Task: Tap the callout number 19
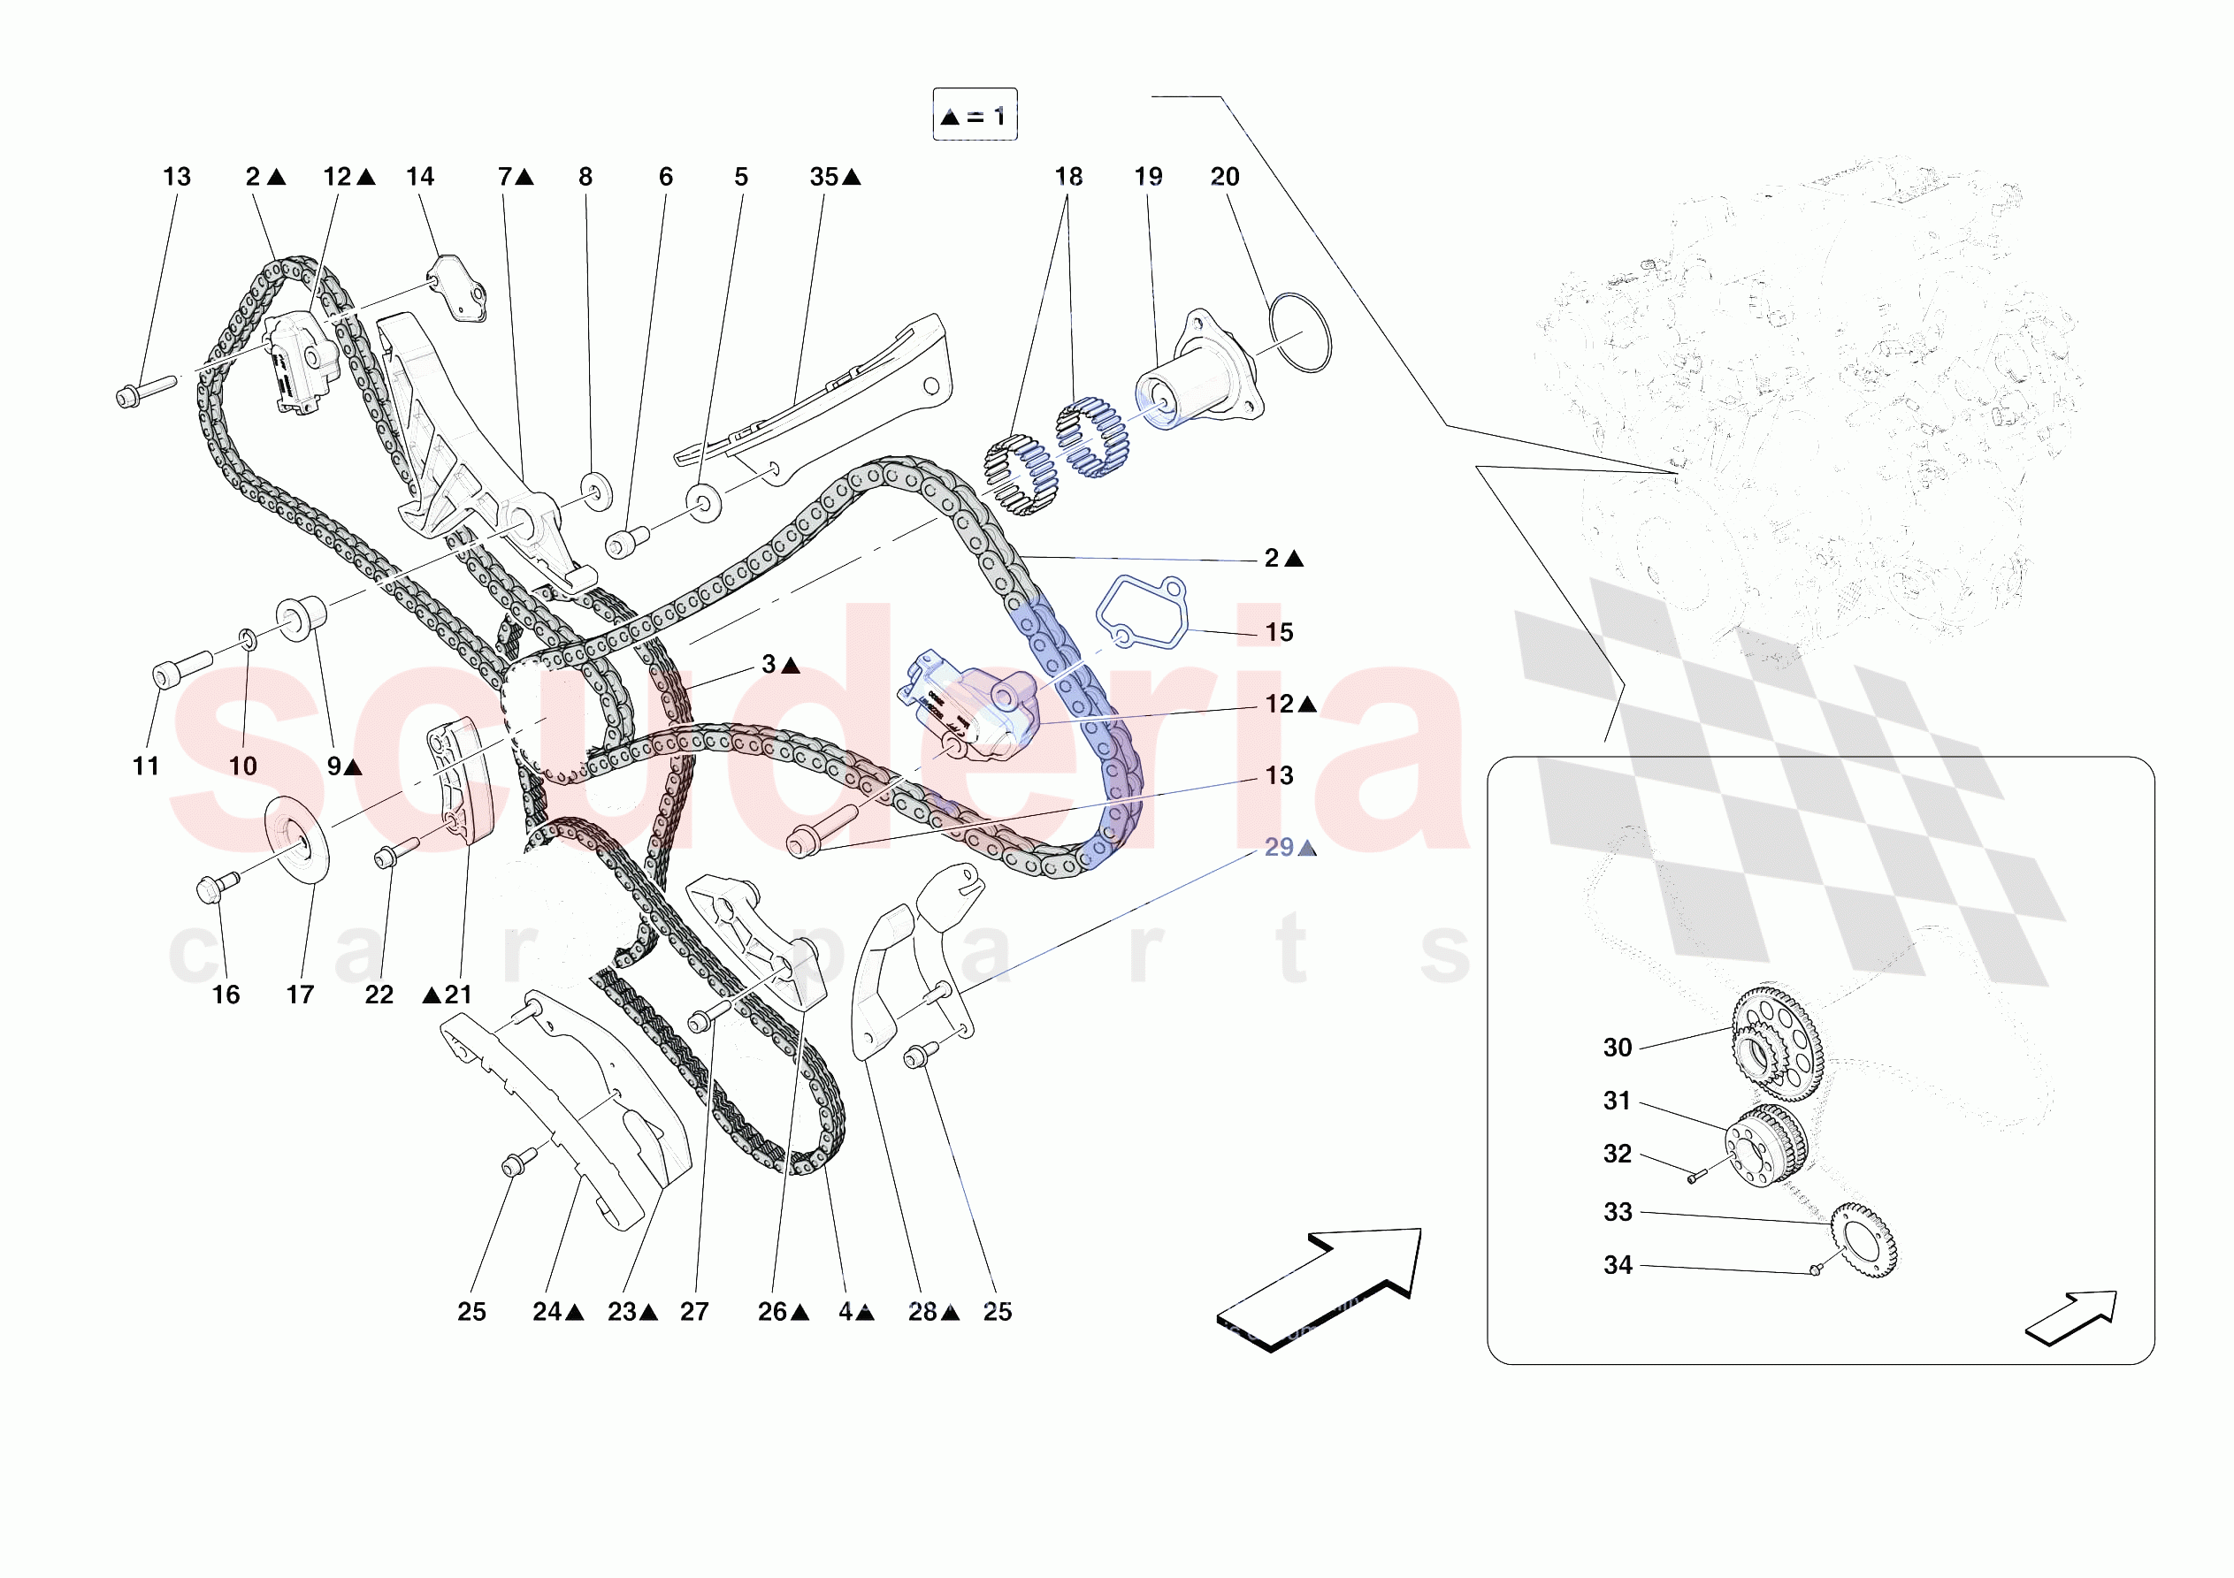coord(1148,177)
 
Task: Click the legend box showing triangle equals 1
coord(974,115)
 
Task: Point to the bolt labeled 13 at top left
coord(144,390)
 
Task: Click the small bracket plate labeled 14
coord(458,286)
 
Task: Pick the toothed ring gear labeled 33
coord(1864,1240)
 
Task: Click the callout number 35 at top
coord(824,177)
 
